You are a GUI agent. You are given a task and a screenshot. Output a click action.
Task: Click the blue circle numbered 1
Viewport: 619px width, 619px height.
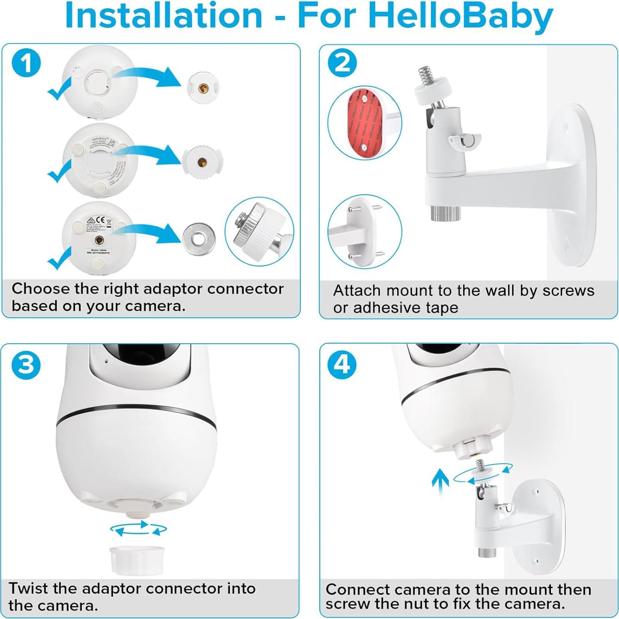(x=27, y=64)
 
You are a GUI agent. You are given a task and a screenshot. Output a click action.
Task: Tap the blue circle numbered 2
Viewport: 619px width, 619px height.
(x=342, y=63)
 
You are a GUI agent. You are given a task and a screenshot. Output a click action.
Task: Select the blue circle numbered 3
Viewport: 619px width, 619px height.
(x=27, y=365)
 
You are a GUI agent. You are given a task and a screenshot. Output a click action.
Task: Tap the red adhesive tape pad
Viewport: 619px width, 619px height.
(x=364, y=122)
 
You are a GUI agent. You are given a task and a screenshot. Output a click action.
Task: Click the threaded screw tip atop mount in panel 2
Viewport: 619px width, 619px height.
(x=426, y=76)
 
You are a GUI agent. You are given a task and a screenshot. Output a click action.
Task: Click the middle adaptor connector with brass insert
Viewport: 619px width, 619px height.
(x=203, y=162)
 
